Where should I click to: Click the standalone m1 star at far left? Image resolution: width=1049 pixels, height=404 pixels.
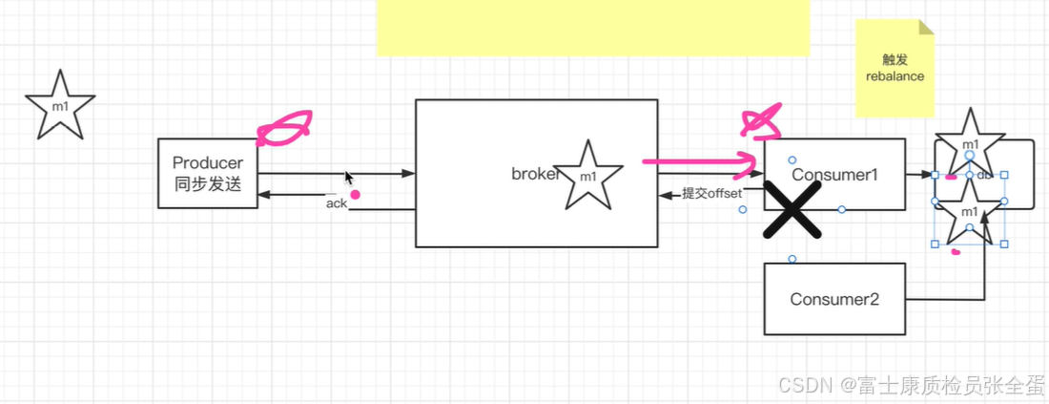pos(60,105)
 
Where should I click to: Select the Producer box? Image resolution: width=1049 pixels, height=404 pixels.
pos(208,173)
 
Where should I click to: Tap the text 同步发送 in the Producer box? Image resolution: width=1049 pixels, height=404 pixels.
pos(208,184)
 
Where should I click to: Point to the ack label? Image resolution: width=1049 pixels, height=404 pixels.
pos(337,202)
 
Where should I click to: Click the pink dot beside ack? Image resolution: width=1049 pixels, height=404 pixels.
pos(355,195)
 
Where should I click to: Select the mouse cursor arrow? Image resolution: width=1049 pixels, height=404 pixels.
pos(349,178)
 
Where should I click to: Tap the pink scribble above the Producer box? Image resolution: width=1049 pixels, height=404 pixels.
pos(284,128)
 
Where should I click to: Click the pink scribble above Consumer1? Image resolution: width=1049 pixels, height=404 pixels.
pos(762,120)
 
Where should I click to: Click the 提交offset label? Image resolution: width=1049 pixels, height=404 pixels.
pos(711,194)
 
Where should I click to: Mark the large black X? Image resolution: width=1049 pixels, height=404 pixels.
pos(792,209)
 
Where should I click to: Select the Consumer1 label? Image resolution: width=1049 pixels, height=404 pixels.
pos(834,176)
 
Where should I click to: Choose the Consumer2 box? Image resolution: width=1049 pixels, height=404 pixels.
pos(834,299)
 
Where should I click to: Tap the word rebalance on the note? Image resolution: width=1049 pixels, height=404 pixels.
pos(895,76)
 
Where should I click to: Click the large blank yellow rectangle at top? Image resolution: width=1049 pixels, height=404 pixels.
pos(592,27)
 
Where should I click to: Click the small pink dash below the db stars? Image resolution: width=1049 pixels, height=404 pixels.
pos(956,253)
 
